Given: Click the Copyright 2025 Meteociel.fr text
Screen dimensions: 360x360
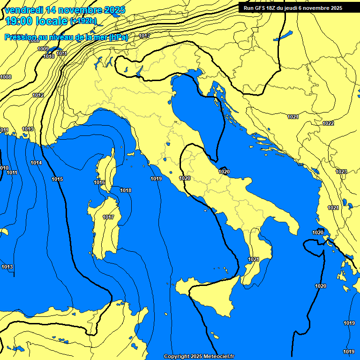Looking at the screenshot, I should tap(199, 356).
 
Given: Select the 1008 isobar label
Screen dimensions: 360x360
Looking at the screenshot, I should tap(6, 77).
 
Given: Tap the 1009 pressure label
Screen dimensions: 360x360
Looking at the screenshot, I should tap(43, 49).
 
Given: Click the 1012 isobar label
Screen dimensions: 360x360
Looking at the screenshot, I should tap(38, 96).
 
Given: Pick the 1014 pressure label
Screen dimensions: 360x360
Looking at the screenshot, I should tap(36, 163).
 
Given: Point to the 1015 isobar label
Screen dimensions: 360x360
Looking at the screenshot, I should tap(57, 179).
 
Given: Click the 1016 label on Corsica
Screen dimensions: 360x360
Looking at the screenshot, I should tap(99, 182).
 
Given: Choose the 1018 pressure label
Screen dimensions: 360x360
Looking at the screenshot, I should tap(126, 190).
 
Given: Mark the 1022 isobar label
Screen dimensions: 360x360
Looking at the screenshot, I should tap(328, 123).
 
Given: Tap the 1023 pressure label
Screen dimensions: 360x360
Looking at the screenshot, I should tap(341, 172).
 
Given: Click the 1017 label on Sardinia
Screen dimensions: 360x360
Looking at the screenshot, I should tap(108, 217).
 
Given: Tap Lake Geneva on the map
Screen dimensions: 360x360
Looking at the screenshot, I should tap(56, 49).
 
